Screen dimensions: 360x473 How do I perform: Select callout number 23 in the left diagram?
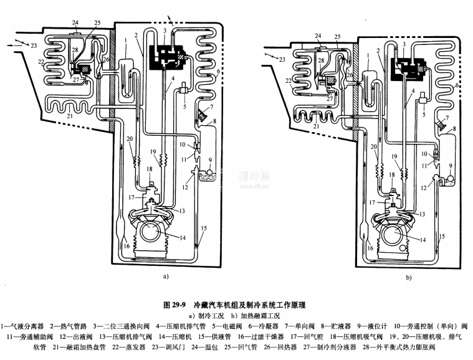click(34, 45)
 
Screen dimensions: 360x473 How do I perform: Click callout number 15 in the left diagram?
click(203, 230)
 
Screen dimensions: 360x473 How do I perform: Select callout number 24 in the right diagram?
click(318, 36)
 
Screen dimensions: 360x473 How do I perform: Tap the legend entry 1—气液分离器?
click(22, 326)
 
